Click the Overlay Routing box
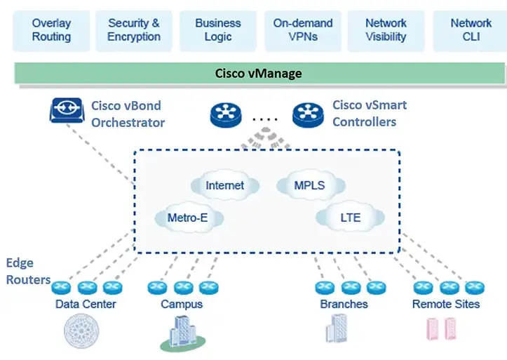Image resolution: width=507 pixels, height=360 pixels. [x=51, y=30]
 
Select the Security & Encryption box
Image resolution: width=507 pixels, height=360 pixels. [x=134, y=30]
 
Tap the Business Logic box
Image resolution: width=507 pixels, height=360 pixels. [x=218, y=30]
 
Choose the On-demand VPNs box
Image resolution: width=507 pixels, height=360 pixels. [x=302, y=30]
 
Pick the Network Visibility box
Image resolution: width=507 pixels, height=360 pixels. [x=386, y=30]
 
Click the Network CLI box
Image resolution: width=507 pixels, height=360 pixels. [x=471, y=30]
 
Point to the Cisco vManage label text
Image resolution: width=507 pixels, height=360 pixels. [x=259, y=73]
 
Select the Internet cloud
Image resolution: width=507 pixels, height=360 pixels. [x=224, y=185]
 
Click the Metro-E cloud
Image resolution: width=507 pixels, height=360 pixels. [x=187, y=218]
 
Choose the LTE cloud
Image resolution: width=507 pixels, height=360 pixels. [x=350, y=218]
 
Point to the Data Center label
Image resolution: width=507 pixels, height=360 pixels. [x=86, y=304]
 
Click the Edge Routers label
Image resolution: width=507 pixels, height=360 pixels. [x=28, y=272]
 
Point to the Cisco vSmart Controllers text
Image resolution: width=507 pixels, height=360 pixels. [x=369, y=114]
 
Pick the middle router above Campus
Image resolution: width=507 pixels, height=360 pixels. [x=182, y=287]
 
